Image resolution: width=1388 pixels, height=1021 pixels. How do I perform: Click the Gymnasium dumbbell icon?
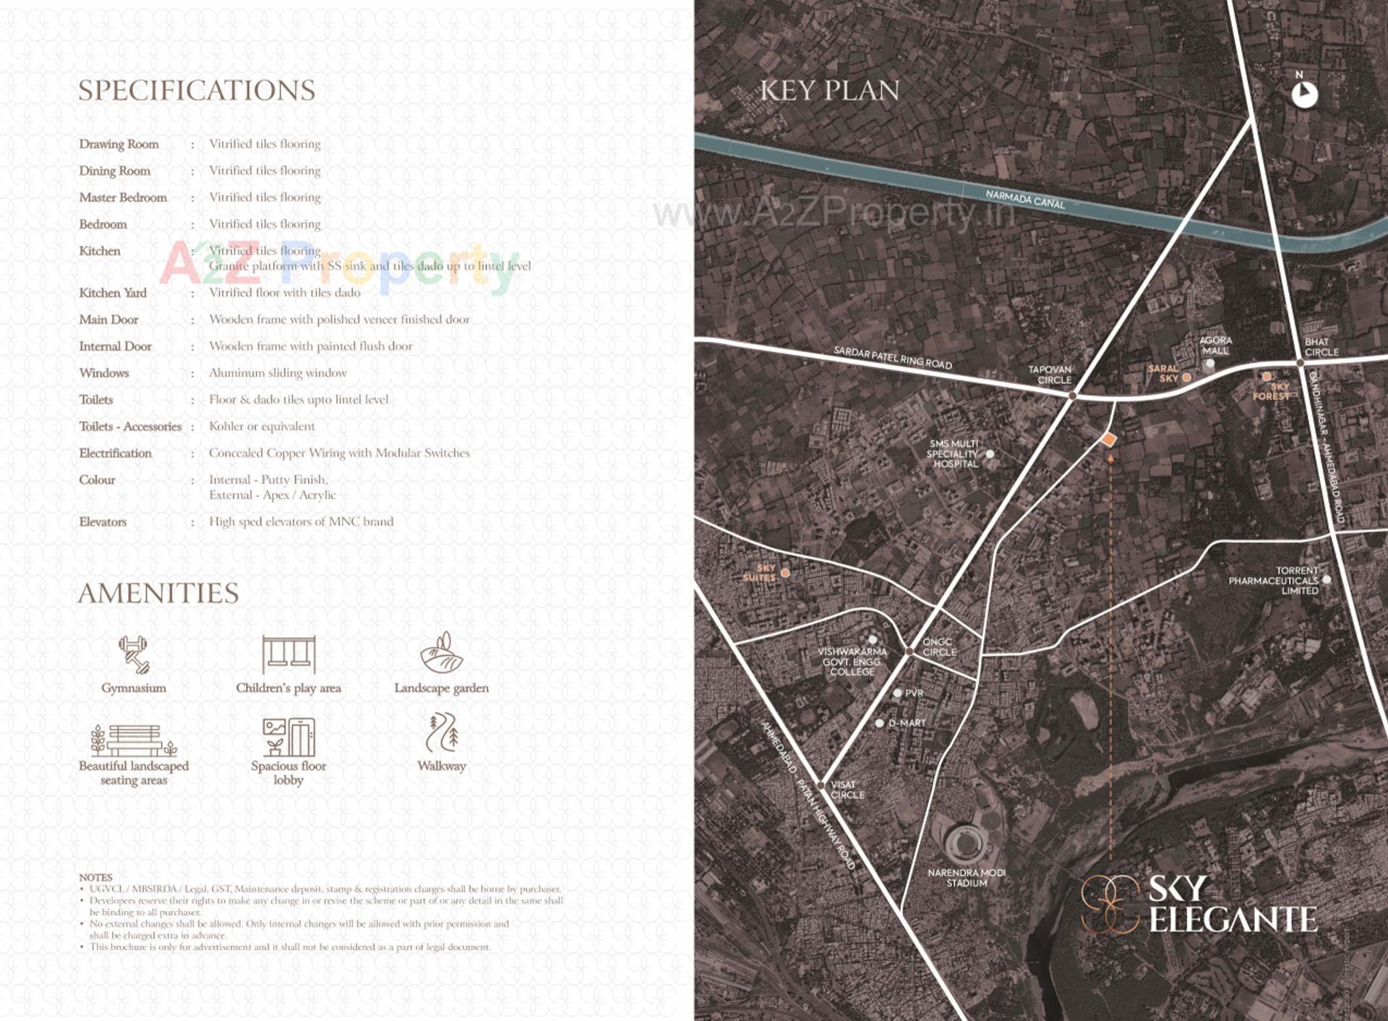tap(134, 654)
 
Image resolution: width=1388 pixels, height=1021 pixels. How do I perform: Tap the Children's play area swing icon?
tap(288, 654)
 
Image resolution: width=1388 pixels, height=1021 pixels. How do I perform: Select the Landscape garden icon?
tap(441, 653)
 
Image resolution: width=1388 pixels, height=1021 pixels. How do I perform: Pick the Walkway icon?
tap(441, 732)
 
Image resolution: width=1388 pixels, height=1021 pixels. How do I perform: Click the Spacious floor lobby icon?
tap(288, 737)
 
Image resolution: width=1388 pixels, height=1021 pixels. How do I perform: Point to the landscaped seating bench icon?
tap(134, 740)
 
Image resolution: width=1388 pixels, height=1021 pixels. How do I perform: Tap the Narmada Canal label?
tap(1025, 199)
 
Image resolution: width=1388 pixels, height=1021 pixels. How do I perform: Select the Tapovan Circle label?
tap(1050, 375)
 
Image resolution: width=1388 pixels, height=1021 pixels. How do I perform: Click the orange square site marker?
tap(1108, 440)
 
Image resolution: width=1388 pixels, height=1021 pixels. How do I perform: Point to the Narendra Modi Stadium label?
tap(967, 878)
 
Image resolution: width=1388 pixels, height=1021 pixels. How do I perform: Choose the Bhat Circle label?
tap(1321, 347)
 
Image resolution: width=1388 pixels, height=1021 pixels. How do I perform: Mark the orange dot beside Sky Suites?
tap(785, 573)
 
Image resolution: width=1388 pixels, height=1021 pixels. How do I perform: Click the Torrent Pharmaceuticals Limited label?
tap(1274, 581)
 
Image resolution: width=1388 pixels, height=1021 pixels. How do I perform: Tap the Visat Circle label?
tap(847, 790)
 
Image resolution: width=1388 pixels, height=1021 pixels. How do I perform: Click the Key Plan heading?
tap(829, 90)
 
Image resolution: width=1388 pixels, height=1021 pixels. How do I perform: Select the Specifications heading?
tap(197, 90)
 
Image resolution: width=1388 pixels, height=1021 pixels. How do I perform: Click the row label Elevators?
tap(103, 522)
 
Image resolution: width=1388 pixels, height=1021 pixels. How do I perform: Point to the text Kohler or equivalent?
tap(262, 427)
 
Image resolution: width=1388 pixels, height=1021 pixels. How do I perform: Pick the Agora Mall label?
tap(1215, 346)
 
